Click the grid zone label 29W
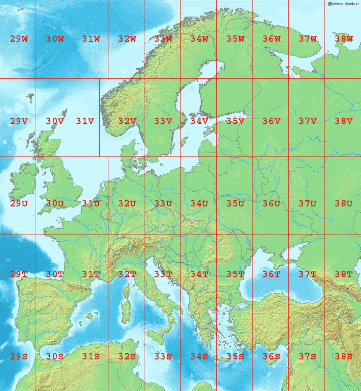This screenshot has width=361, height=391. pyautogui.click(x=19, y=39)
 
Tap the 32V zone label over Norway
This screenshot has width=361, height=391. pyautogui.click(x=127, y=121)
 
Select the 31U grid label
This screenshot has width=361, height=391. pyautogui.click(x=91, y=204)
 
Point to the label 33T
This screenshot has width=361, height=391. pyautogui.click(x=163, y=274)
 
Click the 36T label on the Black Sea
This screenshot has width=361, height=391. pyautogui.click(x=271, y=274)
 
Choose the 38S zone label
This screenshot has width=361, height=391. pyautogui.click(x=343, y=357)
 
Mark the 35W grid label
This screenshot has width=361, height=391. pyautogui.click(x=235, y=39)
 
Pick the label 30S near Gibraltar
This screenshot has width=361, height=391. pyautogui.click(x=55, y=357)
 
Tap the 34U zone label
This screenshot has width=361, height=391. pyautogui.click(x=199, y=204)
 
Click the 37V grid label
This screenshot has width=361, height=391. pyautogui.click(x=308, y=121)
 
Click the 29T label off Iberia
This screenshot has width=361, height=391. pyautogui.click(x=19, y=274)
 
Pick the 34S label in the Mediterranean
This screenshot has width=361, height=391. pyautogui.click(x=199, y=357)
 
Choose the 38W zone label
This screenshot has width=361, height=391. pyautogui.click(x=343, y=39)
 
